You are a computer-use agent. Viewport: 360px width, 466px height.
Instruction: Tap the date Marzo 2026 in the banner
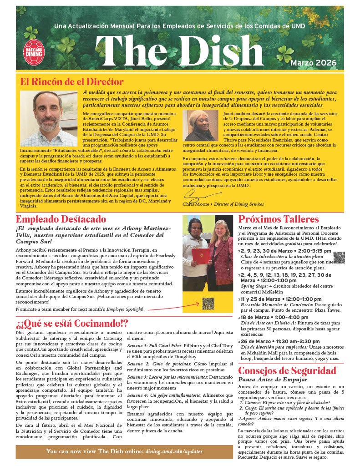coord(314,62)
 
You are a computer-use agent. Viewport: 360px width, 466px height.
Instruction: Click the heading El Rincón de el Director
coord(72,82)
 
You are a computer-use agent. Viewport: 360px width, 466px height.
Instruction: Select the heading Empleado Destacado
coord(61,219)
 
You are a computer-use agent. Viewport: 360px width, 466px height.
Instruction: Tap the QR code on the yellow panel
coord(208,303)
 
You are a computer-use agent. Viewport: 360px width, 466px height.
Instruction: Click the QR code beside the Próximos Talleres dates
coord(339,258)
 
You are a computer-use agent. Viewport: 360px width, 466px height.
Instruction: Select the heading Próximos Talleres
coord(279,219)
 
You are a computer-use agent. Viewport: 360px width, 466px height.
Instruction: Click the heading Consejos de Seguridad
coord(287,371)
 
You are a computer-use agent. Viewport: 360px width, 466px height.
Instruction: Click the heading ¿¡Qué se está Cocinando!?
coord(72,324)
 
